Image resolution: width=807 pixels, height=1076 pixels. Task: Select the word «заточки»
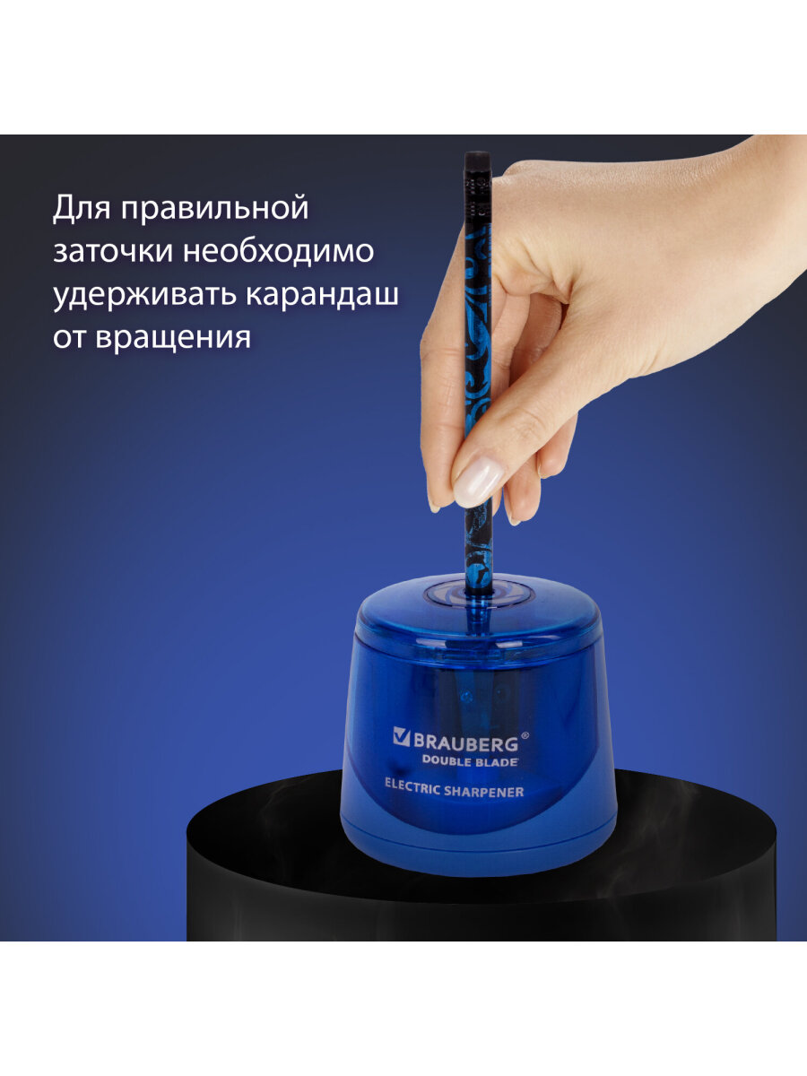(x=113, y=251)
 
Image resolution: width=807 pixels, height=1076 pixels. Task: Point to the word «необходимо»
(x=279, y=250)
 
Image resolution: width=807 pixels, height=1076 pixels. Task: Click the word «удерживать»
(x=144, y=295)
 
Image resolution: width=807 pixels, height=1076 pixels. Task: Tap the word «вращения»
(x=173, y=338)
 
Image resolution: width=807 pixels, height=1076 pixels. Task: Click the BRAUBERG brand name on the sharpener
(x=465, y=743)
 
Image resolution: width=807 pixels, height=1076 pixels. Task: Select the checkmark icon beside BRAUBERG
(x=402, y=737)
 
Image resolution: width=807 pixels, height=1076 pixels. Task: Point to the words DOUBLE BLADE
(x=470, y=762)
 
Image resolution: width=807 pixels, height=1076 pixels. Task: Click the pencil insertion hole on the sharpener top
(x=478, y=595)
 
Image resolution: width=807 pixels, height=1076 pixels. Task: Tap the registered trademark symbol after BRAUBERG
(x=525, y=736)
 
